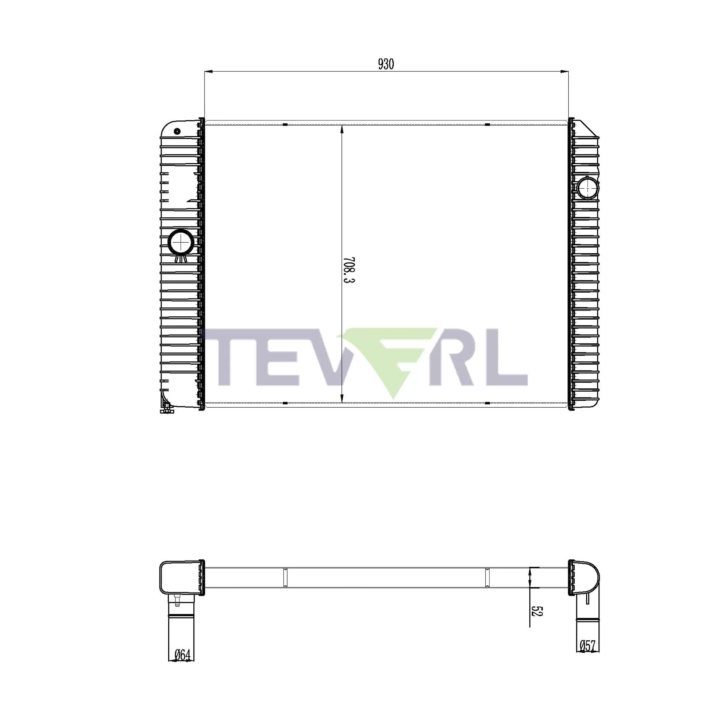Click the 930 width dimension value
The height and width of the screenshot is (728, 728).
click(x=386, y=64)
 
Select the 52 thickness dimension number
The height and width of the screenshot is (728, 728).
click(x=536, y=611)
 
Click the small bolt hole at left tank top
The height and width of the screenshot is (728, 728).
click(x=177, y=131)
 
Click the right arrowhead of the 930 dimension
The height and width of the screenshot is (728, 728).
click(x=565, y=71)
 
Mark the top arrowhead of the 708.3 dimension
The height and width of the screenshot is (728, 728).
click(x=342, y=130)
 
